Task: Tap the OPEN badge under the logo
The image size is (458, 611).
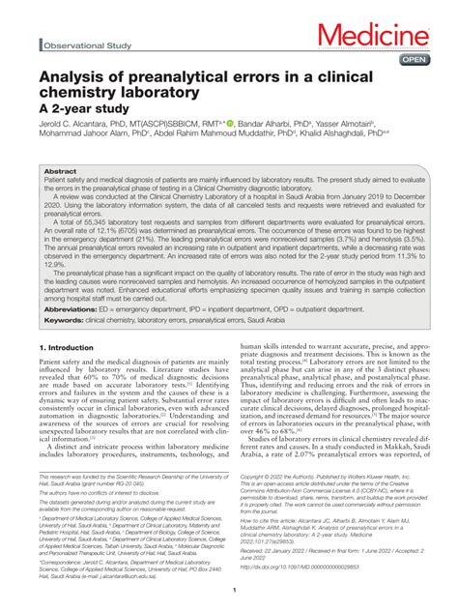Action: (415, 61)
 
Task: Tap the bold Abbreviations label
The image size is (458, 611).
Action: (72, 326)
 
